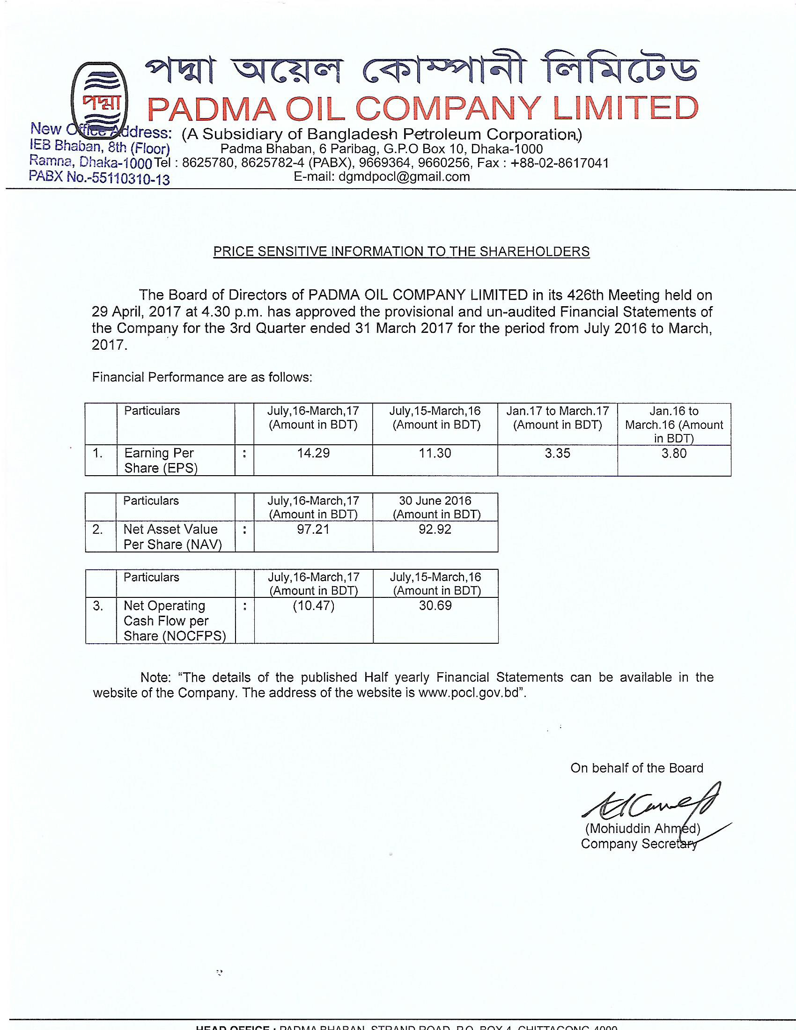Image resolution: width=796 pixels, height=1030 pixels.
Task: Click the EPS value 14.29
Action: (x=313, y=453)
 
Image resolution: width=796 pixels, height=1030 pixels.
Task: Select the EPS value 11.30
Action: (x=435, y=453)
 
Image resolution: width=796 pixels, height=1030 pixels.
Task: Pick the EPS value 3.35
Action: (x=557, y=453)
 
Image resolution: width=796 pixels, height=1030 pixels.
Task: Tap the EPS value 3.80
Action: (x=674, y=453)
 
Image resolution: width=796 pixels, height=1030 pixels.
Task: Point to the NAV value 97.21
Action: (x=313, y=529)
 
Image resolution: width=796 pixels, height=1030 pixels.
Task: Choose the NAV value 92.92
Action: (x=435, y=529)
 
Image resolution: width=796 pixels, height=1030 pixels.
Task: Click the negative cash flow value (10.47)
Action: (x=314, y=605)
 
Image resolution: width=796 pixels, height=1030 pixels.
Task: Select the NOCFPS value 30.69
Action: (x=435, y=605)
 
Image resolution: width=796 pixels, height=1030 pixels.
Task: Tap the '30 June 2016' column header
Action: (x=435, y=501)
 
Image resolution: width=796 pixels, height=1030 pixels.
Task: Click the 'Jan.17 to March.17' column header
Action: (x=557, y=411)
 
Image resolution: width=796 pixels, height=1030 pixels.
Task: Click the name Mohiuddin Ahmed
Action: (x=642, y=829)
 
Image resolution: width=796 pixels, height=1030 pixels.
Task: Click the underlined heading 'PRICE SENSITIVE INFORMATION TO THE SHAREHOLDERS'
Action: (x=401, y=251)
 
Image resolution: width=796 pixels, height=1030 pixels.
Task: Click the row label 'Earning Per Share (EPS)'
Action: (x=160, y=460)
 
